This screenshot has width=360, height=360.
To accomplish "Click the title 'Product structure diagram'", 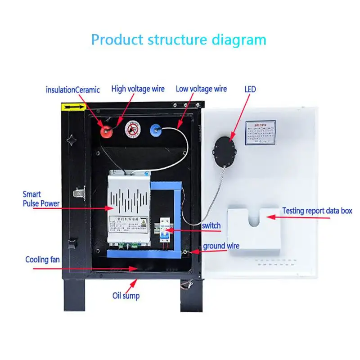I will [179, 40].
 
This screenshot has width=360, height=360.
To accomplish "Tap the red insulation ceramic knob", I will [107, 130].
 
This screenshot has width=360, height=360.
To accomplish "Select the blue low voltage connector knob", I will [156, 130].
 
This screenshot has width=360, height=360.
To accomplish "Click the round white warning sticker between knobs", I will [131, 130].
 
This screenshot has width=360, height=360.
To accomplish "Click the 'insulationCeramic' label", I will [73, 90].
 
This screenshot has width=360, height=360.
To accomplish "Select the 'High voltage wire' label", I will [138, 89].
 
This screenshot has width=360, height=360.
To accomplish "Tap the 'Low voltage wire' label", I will [201, 89].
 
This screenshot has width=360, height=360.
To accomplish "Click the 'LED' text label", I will [250, 89].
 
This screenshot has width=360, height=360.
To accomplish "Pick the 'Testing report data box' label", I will [317, 211].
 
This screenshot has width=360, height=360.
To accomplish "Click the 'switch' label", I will [211, 225].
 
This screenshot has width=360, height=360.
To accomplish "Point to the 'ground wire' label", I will [221, 246].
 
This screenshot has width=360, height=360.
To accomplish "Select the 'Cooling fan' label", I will [42, 260].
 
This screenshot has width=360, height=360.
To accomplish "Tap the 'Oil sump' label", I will [126, 296].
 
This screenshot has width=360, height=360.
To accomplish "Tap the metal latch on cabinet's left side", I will [80, 193].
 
